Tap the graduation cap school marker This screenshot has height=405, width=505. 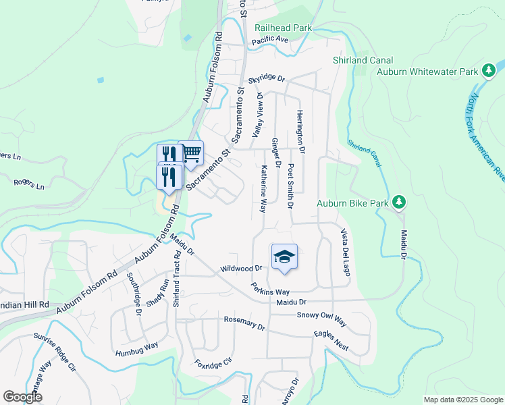coord(284,256)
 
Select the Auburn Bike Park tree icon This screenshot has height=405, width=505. coord(399,202)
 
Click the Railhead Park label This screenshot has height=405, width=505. coord(284,28)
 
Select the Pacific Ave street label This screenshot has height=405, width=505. coord(269,40)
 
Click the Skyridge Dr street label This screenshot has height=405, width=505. coord(267,79)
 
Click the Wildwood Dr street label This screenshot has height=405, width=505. coord(240,269)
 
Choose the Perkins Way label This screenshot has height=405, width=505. coord(267,291)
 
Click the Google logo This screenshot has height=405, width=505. coord(22,397)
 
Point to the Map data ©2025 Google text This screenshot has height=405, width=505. coord(462,400)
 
